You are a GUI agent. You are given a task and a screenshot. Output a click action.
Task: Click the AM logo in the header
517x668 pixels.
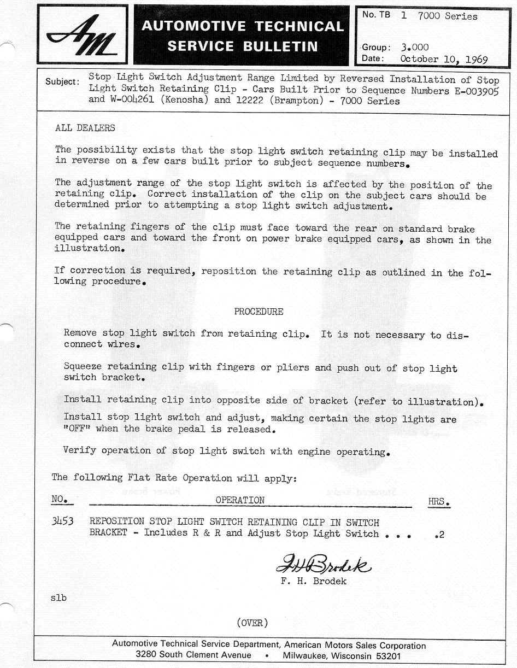point(82,35)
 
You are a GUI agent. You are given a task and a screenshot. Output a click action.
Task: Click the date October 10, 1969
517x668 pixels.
point(444,59)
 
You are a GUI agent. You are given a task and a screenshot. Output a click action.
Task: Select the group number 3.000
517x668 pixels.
point(414,47)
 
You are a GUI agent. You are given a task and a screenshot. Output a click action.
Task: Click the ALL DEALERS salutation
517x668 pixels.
point(85,128)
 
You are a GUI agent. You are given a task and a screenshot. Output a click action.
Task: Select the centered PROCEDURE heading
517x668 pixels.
point(258,312)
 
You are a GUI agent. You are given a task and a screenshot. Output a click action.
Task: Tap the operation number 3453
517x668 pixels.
point(62,521)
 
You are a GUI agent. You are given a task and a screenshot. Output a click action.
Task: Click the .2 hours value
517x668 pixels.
point(439,535)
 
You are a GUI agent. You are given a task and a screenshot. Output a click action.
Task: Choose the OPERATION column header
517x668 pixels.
point(240,500)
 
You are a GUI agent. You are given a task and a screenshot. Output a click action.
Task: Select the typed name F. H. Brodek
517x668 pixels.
point(314,581)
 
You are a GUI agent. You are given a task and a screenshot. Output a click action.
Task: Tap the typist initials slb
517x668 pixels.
point(58,597)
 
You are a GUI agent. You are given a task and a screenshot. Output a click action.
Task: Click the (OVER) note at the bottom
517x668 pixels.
point(252,623)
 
